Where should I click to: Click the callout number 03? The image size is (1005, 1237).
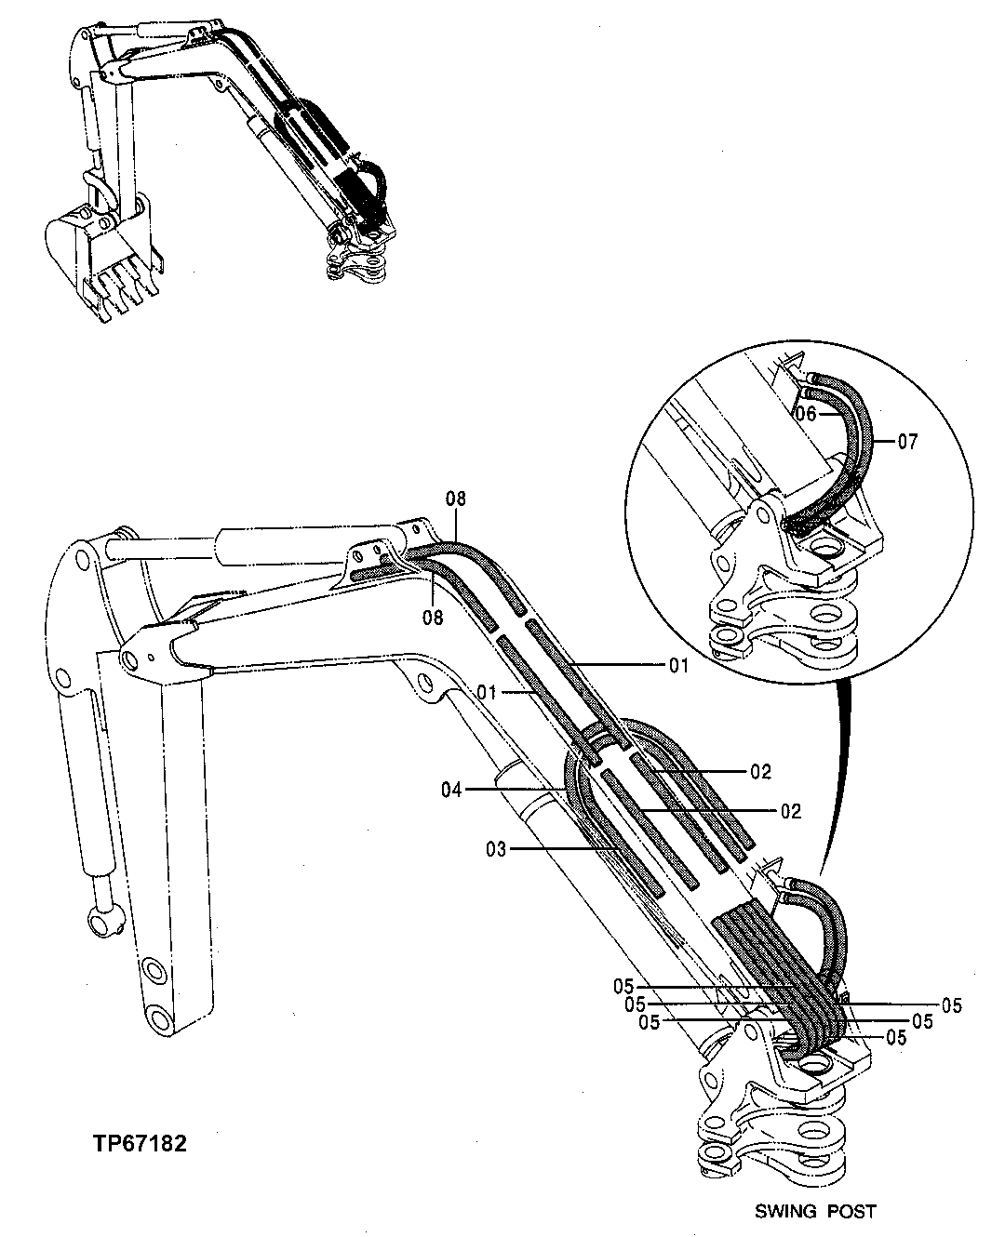tap(495, 848)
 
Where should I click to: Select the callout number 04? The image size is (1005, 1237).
tap(452, 790)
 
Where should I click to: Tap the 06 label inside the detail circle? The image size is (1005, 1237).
tap(806, 414)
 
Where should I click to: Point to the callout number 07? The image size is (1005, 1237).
tap(907, 441)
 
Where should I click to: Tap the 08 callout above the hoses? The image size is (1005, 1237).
tap(455, 499)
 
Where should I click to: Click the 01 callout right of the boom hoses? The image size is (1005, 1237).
tap(678, 665)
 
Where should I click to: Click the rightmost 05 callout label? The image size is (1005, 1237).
tap(951, 1004)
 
